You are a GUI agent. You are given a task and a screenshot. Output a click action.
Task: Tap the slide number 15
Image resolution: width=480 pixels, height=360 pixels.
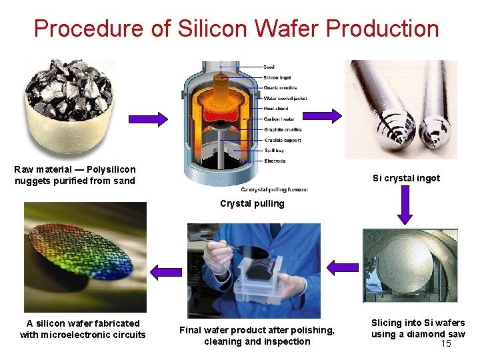pyautogui.click(x=446, y=343)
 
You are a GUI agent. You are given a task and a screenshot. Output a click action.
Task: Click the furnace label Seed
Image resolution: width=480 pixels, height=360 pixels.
pyautogui.click(x=269, y=67)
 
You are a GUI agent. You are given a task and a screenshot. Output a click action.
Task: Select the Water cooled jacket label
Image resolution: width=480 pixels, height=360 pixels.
pyautogui.click(x=287, y=98)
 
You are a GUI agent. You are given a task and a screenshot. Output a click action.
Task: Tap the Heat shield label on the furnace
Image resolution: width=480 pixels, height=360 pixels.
pyautogui.click(x=276, y=109)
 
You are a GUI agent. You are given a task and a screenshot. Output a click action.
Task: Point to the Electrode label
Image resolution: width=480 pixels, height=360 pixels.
pyautogui.click(x=274, y=161)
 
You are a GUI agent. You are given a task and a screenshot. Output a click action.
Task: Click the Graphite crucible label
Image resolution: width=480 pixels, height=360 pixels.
pyautogui.click(x=283, y=129)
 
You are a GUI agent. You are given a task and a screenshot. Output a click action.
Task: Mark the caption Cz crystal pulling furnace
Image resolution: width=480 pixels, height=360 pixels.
pyautogui.click(x=274, y=189)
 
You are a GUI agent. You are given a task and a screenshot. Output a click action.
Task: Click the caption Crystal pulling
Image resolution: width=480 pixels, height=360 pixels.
pyautogui.click(x=252, y=203)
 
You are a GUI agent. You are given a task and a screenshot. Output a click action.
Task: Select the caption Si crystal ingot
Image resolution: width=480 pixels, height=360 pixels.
pyautogui.click(x=406, y=178)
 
